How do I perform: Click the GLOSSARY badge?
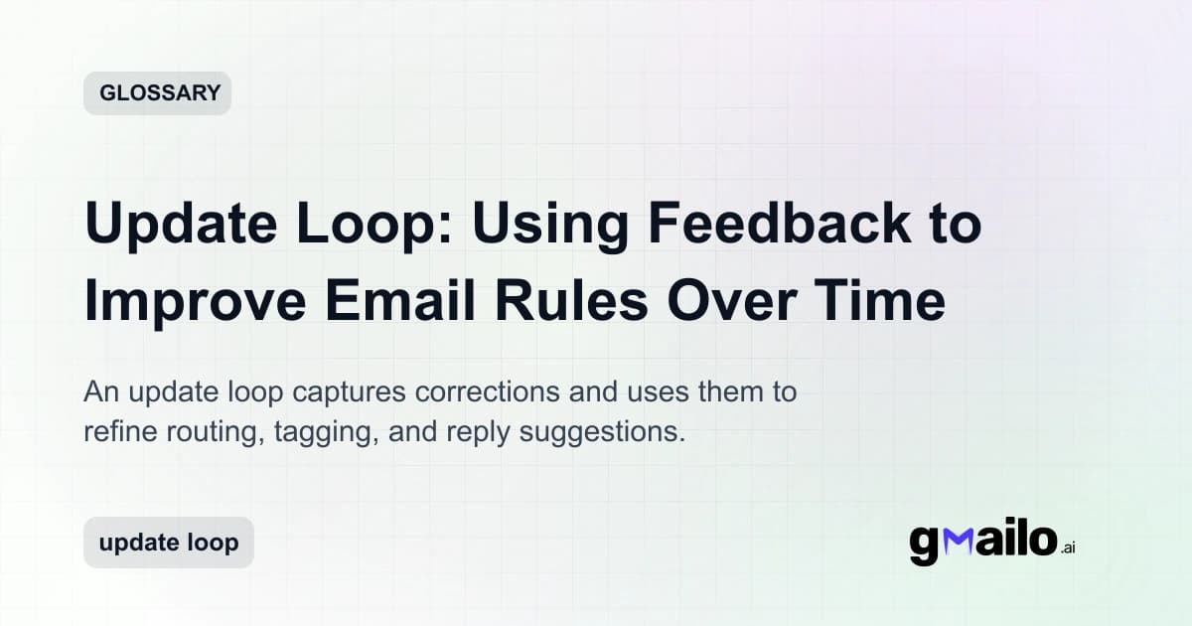point(157,93)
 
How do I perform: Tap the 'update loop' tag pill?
point(168,543)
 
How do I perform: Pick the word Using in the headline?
point(547,225)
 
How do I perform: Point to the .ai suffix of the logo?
point(1067,548)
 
